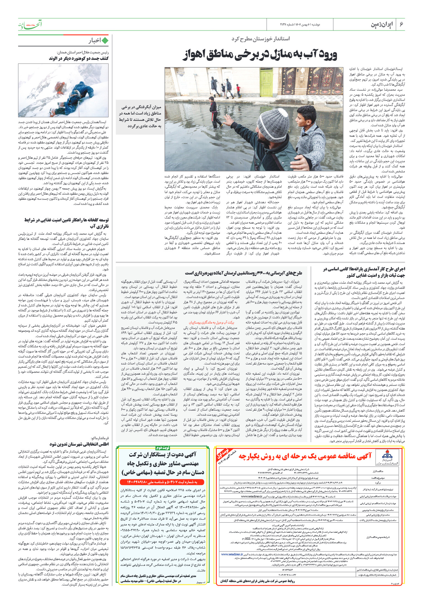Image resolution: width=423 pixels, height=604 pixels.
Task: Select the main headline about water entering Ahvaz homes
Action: (x=260, y=55)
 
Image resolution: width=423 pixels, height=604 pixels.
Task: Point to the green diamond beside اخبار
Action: (x=105, y=41)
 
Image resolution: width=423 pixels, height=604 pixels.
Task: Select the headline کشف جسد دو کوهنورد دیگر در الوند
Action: (x=79, y=59)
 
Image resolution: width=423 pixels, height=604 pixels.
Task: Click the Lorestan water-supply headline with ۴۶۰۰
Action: (x=243, y=273)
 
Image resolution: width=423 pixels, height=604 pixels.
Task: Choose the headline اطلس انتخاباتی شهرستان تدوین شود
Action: (x=79, y=444)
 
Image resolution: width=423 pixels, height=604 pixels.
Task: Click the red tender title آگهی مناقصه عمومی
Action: (x=305, y=456)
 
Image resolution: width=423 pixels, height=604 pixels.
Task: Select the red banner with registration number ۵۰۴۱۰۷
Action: (x=162, y=482)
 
